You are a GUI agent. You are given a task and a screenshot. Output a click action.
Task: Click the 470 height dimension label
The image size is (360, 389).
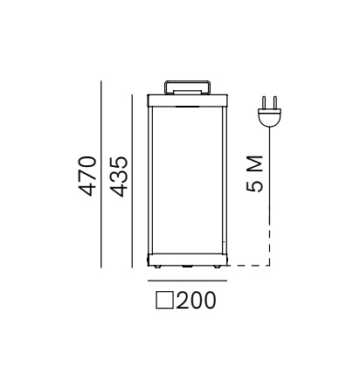coord(87,177)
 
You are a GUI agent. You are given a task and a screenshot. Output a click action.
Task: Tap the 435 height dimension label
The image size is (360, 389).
coord(119,177)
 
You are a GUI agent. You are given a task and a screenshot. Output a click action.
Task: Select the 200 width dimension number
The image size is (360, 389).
coord(196,300)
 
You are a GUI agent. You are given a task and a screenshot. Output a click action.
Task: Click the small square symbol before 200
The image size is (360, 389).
coord(164,301)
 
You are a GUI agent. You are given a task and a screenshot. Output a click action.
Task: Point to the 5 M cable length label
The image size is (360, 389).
coord(254,174)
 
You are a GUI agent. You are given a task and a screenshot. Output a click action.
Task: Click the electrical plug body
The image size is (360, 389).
coord(270,117)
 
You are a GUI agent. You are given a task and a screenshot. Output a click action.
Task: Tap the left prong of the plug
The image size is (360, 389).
coord(264,102)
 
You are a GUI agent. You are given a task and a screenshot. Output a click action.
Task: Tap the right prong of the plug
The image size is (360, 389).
coord(275,102)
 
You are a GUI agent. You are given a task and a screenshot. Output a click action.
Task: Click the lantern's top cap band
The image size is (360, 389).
coord(187,101)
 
